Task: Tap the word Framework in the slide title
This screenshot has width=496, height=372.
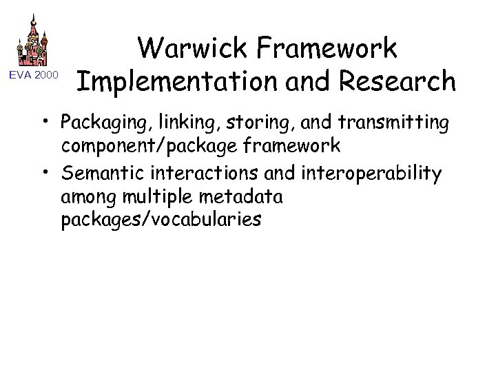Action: click(x=338, y=49)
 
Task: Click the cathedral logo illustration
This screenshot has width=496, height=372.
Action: click(x=32, y=41)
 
